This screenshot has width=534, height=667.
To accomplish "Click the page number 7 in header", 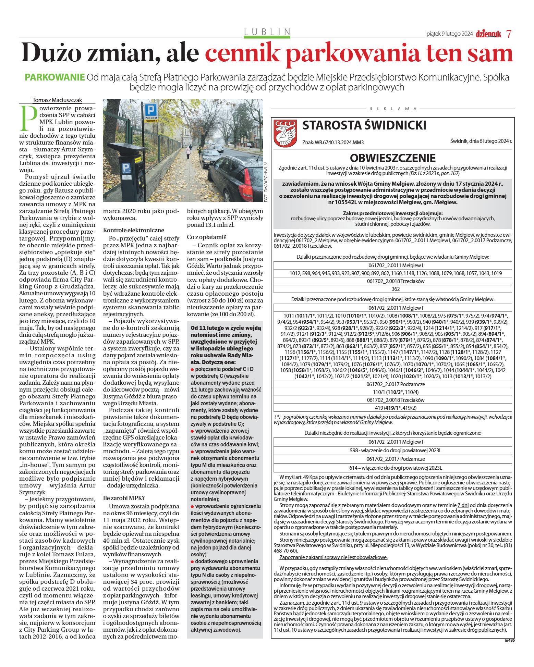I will point(509,34).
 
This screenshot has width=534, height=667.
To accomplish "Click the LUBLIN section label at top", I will point(267,32).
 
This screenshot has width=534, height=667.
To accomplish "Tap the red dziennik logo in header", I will point(488,34).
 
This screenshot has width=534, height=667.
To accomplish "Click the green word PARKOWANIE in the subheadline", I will point(54,77).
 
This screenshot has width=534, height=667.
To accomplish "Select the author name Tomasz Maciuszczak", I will point(57,100).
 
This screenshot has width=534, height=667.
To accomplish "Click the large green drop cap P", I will point(28,119).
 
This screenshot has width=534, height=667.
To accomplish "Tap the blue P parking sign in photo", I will point(150,110).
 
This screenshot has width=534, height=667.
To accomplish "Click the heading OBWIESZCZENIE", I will point(392,158).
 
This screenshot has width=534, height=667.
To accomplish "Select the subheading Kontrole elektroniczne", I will point(134,230).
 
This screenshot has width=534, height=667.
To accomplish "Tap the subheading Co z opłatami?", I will point(207,237).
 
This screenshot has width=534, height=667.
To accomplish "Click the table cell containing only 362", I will point(392,289).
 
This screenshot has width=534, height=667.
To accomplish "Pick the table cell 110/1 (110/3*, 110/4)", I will point(392,392).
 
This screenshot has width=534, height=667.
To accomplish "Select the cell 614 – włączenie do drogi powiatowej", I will point(392,468).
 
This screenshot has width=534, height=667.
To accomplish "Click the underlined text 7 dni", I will point(463,505).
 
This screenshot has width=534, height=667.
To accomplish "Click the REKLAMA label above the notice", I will point(393,109).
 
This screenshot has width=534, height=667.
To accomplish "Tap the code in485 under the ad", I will point(509,640).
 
